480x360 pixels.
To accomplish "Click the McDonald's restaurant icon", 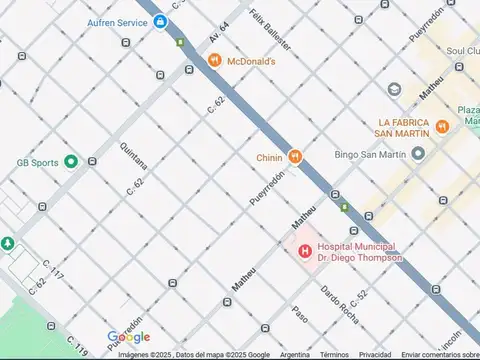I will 214,61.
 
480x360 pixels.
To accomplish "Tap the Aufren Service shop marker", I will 159,21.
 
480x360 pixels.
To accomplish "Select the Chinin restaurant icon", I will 294,156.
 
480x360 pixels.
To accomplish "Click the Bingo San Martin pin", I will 418,154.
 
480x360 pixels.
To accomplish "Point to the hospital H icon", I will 303,250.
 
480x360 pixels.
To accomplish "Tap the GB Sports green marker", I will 71,161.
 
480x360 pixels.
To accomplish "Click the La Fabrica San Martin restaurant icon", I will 441,127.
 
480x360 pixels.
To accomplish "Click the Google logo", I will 128,337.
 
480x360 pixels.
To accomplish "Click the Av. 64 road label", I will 219,31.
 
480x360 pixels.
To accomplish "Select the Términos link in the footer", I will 334,354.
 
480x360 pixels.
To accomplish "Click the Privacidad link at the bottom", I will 375,354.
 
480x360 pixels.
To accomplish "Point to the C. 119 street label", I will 79,346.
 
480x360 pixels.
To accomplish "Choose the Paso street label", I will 299,313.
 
